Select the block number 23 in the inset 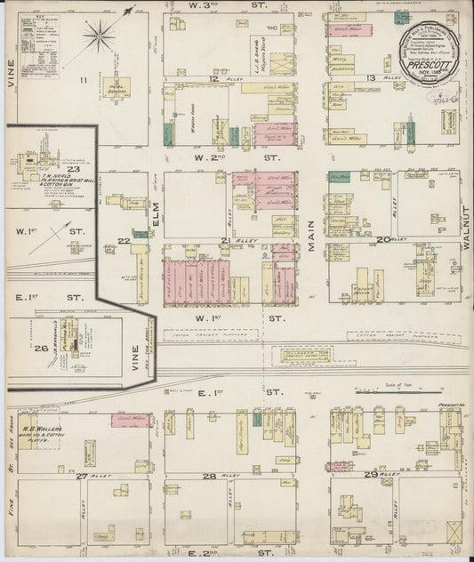tap(73, 169)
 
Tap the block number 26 tap(41, 348)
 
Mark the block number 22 tap(123, 240)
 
